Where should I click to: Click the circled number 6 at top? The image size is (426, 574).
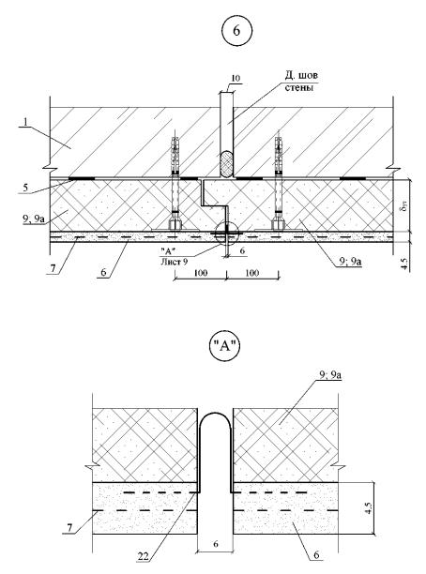(x=237, y=31)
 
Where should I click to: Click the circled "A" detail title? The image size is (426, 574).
(x=225, y=346)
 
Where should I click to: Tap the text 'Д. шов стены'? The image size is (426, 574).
(x=301, y=82)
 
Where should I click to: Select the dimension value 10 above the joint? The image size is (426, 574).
(x=236, y=78)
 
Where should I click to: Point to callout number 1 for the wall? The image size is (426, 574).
(x=24, y=122)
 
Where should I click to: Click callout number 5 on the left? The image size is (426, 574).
(x=25, y=189)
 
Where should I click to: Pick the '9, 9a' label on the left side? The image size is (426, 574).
(x=34, y=220)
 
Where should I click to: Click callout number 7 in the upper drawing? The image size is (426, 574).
(x=53, y=268)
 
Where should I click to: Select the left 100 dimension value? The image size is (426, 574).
(x=201, y=273)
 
